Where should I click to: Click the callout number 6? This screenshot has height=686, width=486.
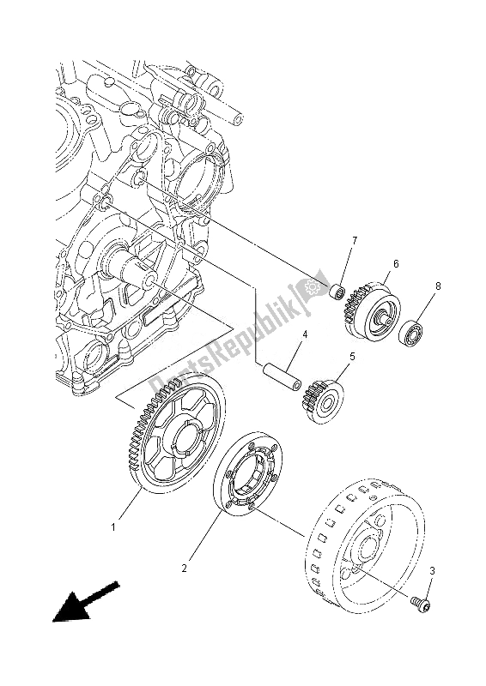point(397,265)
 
